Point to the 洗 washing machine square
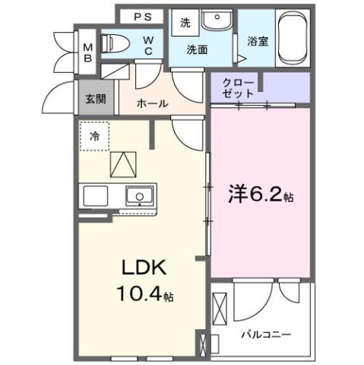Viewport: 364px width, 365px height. pos(185,23)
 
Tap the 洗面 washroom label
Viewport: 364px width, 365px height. pos(198,49)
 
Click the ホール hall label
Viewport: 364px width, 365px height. pos(152,104)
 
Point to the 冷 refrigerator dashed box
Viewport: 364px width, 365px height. pos(96,138)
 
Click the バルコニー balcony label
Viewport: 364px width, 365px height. pos(266,334)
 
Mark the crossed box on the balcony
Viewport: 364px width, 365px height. pos(220,311)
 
